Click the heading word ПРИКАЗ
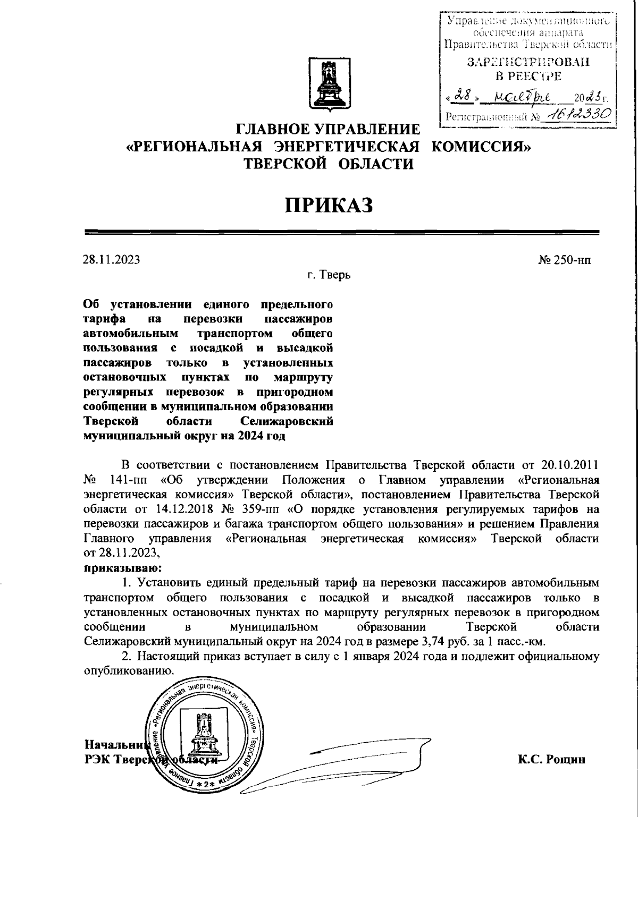[x=329, y=205]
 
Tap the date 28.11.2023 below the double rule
[x=112, y=260]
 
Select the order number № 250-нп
[x=564, y=260]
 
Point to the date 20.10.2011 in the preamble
[x=569, y=465]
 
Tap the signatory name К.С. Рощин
[x=552, y=759]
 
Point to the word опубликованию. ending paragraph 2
[x=129, y=670]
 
